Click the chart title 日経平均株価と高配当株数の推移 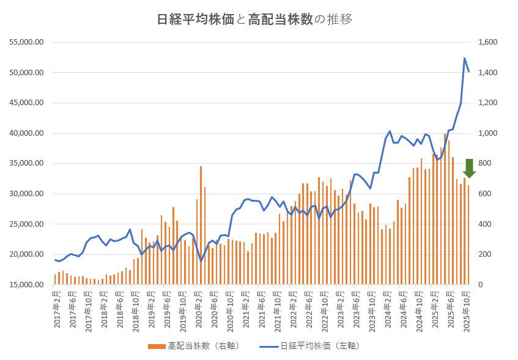pyautogui.click(x=254, y=19)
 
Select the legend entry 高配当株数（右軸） pyautogui.click(x=194, y=346)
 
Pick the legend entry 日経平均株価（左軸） pyautogui.click(x=311, y=346)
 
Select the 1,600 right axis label pyautogui.click(x=488, y=42)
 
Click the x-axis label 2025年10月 pyautogui.click(x=467, y=311)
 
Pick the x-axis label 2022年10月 pyautogui.click(x=325, y=311)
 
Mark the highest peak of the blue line pyautogui.click(x=465, y=59)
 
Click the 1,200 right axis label pyautogui.click(x=488, y=103)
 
